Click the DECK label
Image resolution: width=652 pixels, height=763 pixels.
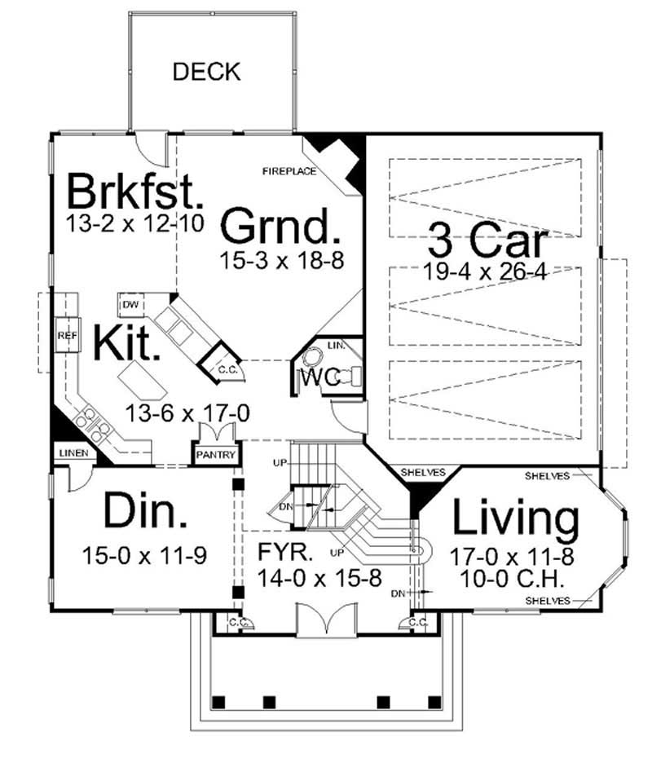point(206,72)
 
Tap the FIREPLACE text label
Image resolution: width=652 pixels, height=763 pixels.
point(289,171)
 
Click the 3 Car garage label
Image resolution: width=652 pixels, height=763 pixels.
point(488,240)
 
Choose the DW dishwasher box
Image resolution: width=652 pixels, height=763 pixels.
point(130,305)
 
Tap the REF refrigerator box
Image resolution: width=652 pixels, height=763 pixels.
point(66,335)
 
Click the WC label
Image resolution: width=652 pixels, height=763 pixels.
point(321,378)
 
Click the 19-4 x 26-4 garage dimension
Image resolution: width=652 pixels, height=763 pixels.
point(484,271)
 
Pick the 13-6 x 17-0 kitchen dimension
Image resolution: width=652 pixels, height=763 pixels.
point(187,413)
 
